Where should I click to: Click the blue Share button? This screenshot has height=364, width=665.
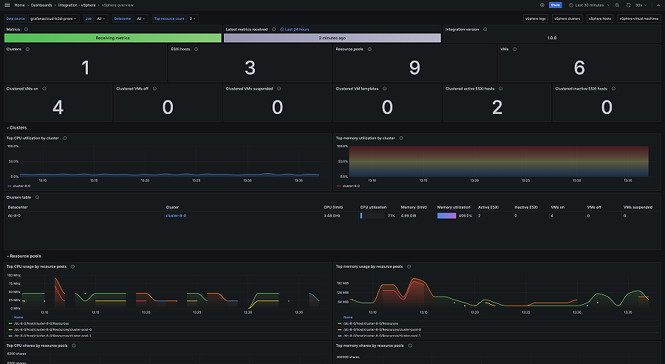click(556, 5)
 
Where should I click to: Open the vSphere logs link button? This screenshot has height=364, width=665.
click(536, 18)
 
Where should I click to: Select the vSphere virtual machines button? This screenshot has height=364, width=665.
click(639, 18)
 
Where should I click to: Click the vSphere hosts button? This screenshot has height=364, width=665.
click(601, 18)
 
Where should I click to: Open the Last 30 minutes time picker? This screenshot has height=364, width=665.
click(590, 5)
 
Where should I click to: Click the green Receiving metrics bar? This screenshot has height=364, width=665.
click(113, 38)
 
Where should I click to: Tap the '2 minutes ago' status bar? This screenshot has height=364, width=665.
click(332, 38)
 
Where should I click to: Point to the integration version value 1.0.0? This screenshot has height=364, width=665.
click(551, 38)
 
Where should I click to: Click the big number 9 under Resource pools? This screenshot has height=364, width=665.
click(415, 68)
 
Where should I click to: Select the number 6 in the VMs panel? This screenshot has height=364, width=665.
click(579, 68)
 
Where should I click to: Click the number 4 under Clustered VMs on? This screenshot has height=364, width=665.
click(58, 107)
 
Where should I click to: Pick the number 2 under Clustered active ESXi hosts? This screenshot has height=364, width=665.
click(497, 107)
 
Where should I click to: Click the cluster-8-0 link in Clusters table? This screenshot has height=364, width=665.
click(176, 216)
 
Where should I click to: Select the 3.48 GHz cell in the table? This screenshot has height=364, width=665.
click(332, 216)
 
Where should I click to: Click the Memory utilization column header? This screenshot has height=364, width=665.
click(454, 207)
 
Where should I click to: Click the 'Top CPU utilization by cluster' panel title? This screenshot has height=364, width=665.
click(33, 138)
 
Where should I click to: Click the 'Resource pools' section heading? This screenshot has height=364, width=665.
click(26, 256)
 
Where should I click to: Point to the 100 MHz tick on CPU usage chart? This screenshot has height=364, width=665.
click(14, 275)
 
